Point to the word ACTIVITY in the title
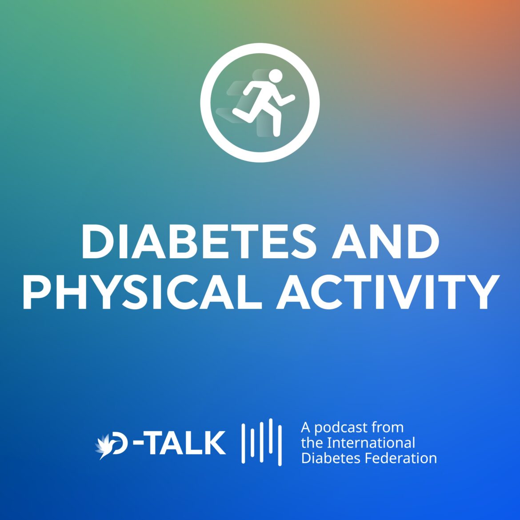click(387, 292)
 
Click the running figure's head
click(276, 76)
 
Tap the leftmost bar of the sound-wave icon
click(244, 443)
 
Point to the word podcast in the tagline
click(341, 428)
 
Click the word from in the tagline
click(388, 428)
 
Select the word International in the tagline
click(371, 443)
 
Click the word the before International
click(312, 443)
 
